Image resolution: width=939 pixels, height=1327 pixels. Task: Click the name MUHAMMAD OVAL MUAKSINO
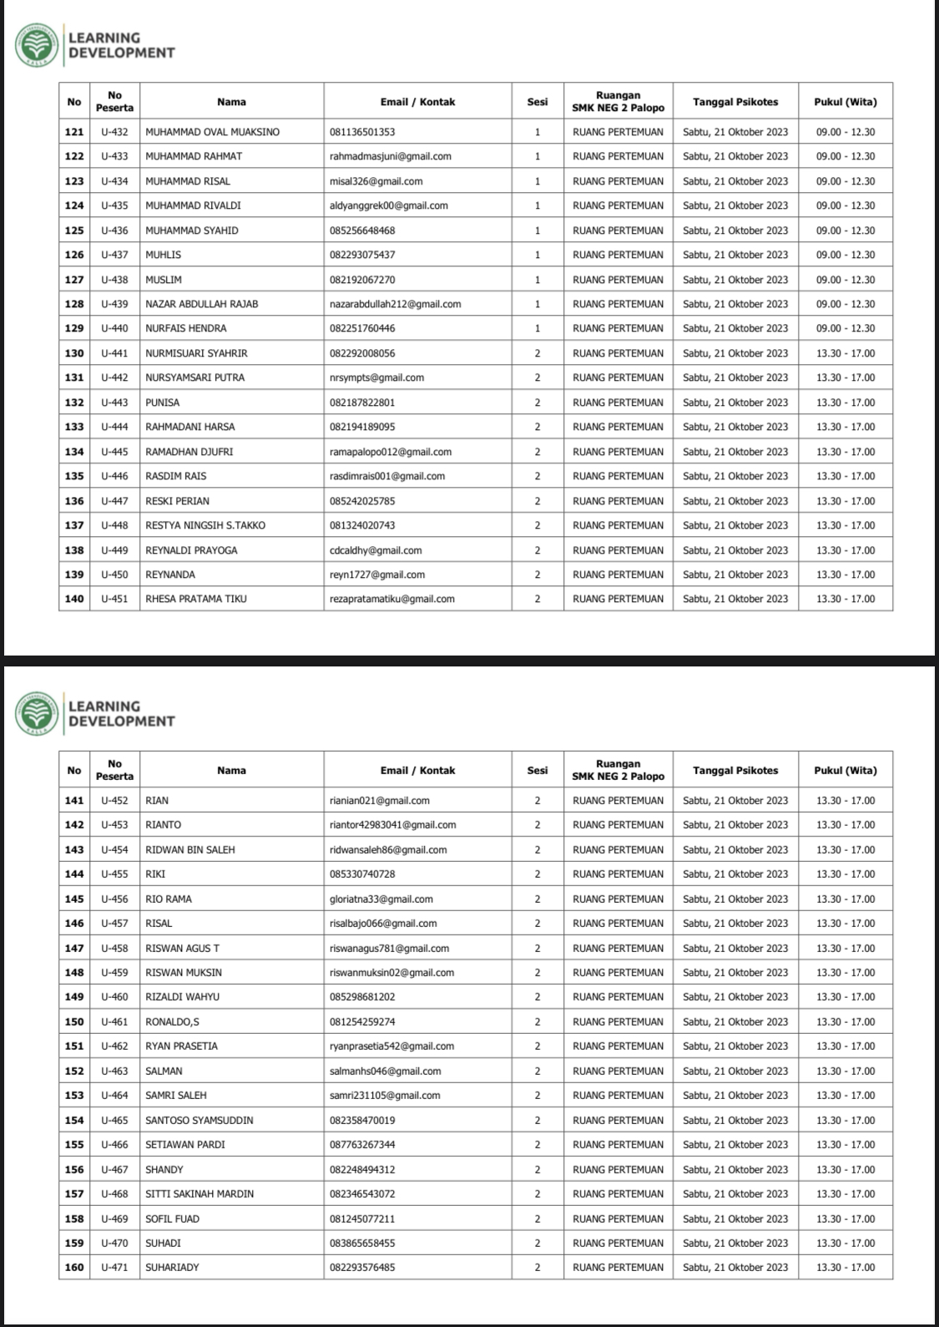tap(212, 132)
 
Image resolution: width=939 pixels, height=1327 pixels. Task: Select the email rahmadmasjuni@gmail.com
tap(390, 156)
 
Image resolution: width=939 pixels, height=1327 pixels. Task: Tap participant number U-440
tap(114, 328)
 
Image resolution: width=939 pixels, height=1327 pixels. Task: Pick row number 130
tap(74, 353)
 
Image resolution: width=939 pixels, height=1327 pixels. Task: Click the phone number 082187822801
tap(362, 403)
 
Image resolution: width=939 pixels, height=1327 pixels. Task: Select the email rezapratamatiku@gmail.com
tap(391, 599)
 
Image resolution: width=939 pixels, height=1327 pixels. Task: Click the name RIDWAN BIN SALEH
tap(190, 849)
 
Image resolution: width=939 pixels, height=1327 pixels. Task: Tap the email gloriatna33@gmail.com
tap(381, 899)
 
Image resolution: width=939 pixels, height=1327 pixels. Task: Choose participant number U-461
tap(114, 1021)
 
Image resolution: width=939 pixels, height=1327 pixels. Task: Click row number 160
tap(74, 1267)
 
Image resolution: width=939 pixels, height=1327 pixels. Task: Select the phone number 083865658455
tap(362, 1243)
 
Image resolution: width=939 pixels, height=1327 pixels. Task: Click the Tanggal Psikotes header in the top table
tap(735, 102)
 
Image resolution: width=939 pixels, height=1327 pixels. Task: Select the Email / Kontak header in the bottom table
tap(417, 770)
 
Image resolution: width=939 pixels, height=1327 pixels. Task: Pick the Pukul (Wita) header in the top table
tap(845, 102)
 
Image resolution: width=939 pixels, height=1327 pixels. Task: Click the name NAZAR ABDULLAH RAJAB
tap(201, 304)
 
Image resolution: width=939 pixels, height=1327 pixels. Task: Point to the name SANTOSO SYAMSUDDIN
tap(199, 1120)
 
